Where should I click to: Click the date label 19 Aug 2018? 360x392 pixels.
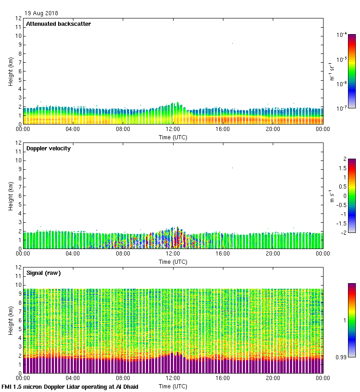[x=42, y=13]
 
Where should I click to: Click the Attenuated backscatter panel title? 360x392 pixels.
[x=58, y=24]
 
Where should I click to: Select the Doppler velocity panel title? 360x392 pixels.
[x=48, y=148]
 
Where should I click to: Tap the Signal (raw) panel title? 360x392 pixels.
[x=43, y=273]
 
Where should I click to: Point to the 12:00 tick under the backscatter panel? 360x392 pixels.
[x=173, y=129]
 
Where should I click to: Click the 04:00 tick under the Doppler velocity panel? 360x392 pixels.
[x=73, y=254]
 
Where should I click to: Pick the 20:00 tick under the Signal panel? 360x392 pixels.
[x=273, y=378]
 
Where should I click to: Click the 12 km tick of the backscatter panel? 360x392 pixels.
[x=18, y=18]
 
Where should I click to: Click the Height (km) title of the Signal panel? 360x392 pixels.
[x=11, y=320]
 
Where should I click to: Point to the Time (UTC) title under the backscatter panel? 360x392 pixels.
[x=173, y=137]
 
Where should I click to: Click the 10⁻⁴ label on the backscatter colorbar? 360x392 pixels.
[x=342, y=35]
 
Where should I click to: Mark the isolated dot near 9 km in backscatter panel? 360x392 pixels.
[x=232, y=43]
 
